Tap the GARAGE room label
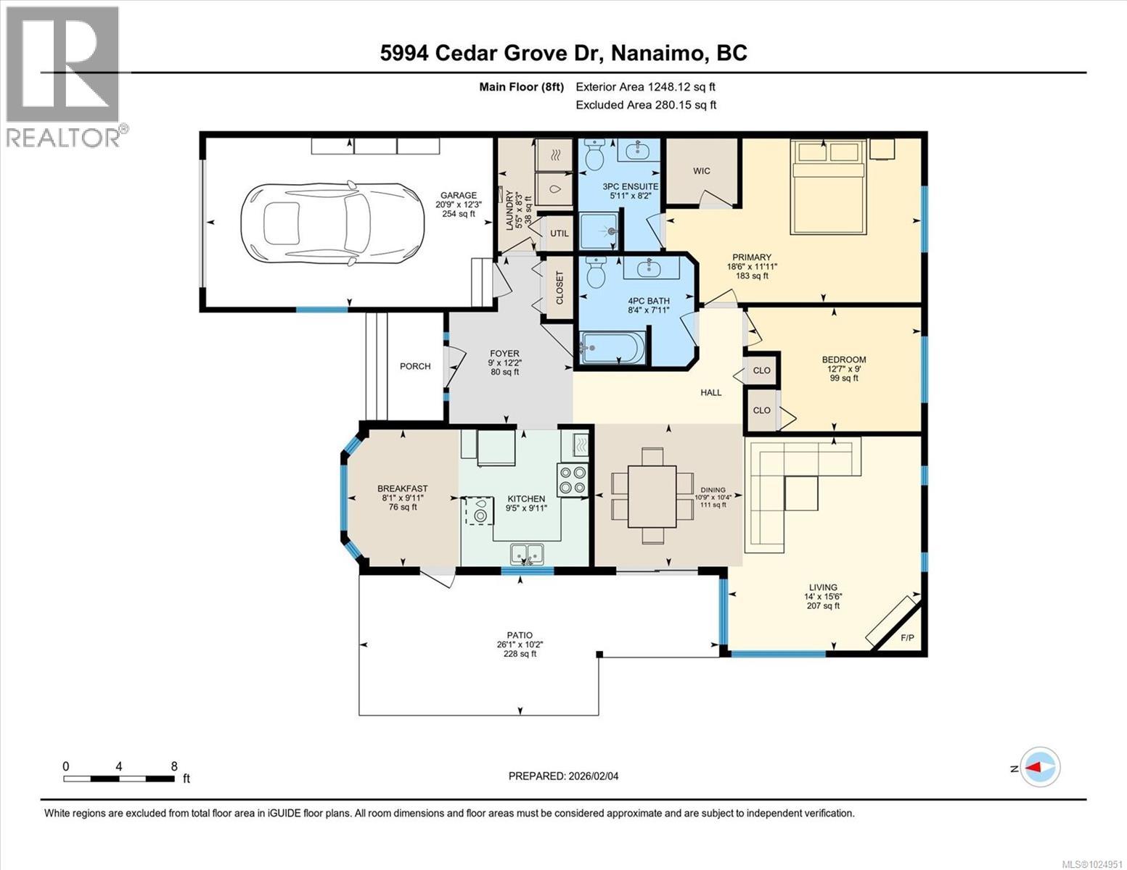[x=458, y=195]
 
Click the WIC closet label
[x=701, y=171]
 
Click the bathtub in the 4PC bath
[x=612, y=348]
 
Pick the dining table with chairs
[x=652, y=496]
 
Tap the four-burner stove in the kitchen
[x=572, y=480]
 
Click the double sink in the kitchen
[x=528, y=554]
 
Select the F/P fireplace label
[x=907, y=638]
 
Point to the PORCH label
[x=415, y=366]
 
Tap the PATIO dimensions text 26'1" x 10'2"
[x=520, y=645]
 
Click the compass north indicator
[x=1041, y=767]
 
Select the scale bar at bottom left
[x=119, y=779]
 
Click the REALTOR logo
[x=64, y=76]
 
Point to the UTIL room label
[x=559, y=233]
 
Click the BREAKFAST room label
[x=402, y=489]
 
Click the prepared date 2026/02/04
[x=563, y=776]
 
